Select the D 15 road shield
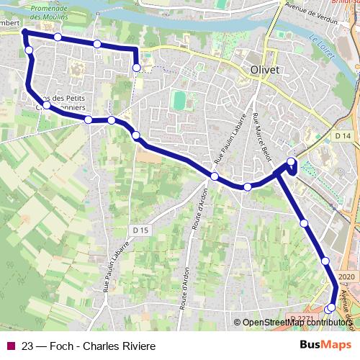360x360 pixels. (140, 230)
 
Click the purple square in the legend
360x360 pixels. (9, 346)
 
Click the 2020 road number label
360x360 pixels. (346, 276)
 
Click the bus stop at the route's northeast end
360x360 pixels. (137, 68)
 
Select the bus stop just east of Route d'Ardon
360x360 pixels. (215, 176)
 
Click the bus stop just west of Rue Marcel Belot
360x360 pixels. (248, 186)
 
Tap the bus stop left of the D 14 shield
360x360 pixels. (291, 162)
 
